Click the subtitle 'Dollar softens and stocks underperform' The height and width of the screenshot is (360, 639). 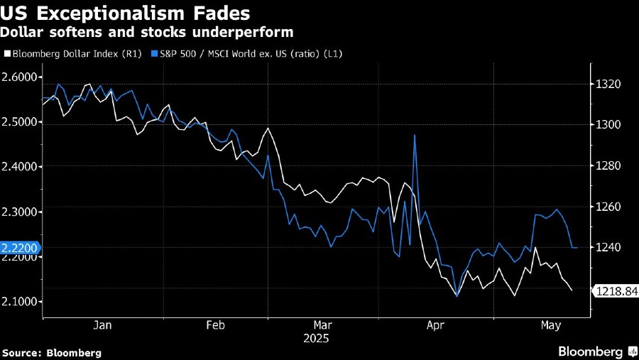pyautogui.click(x=147, y=33)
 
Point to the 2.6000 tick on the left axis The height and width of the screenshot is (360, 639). pyautogui.click(x=21, y=77)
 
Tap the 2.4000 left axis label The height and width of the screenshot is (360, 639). pyautogui.click(x=21, y=167)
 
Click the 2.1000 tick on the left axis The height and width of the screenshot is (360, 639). pyautogui.click(x=21, y=302)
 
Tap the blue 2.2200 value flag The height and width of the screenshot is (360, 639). pyautogui.click(x=20, y=248)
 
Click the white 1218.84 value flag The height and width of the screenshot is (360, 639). pyautogui.click(x=616, y=291)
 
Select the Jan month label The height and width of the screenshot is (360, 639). pyautogui.click(x=103, y=325)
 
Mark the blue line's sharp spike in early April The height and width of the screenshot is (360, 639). pyautogui.click(x=414, y=136)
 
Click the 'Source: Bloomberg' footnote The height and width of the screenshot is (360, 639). pyautogui.click(x=52, y=352)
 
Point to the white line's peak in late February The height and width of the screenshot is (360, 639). pyautogui.click(x=268, y=129)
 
